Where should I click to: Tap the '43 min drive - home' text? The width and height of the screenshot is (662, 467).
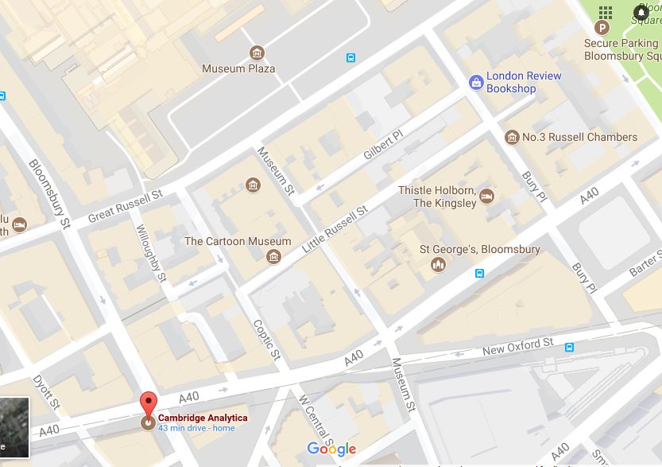(x=196, y=429)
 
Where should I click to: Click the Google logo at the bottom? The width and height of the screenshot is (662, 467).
(x=331, y=449)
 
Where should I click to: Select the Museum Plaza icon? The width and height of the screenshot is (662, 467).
(x=257, y=53)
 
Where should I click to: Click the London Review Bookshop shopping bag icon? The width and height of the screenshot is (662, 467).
(x=475, y=81)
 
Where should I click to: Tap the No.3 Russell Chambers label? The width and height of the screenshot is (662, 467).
(x=579, y=137)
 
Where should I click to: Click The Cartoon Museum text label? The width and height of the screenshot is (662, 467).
(x=238, y=241)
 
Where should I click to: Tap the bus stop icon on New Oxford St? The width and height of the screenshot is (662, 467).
(x=569, y=347)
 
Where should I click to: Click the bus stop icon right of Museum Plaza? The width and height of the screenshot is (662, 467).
(x=350, y=57)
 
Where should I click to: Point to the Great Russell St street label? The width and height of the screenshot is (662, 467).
(x=125, y=205)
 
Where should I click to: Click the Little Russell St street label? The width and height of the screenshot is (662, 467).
(x=334, y=232)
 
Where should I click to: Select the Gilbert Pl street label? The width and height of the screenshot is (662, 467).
(x=384, y=146)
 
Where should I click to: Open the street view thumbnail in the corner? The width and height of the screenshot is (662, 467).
(x=14, y=427)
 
